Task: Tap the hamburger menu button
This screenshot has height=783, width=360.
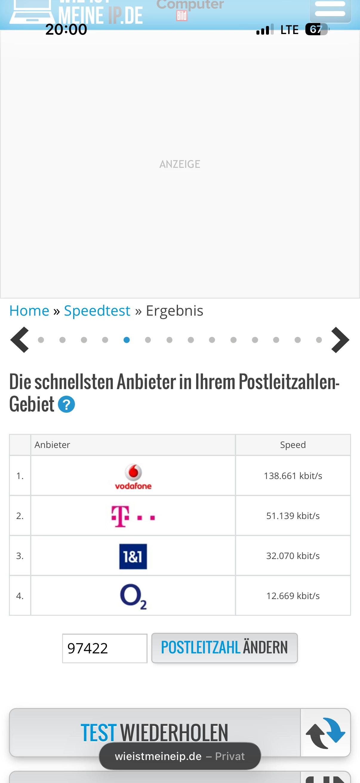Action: point(330,9)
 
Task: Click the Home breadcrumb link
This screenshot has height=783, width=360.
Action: point(29,311)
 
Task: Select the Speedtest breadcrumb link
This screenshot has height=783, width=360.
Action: point(97,311)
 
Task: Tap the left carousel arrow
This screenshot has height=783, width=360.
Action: point(20,340)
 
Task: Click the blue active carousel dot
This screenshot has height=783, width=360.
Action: point(127,340)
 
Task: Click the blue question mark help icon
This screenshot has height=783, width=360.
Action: point(66,404)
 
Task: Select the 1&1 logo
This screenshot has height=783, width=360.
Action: point(133,556)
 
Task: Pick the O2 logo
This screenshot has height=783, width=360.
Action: point(133,596)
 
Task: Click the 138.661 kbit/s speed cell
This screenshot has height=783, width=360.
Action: point(293,476)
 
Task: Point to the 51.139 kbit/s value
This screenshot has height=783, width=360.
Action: point(293,516)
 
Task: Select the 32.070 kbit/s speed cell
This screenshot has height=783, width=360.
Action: point(293,556)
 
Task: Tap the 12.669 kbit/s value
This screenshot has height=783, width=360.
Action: point(293,596)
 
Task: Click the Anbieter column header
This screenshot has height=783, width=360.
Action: point(52,445)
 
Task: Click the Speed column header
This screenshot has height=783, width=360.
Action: point(293,445)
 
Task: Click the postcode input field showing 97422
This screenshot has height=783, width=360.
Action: point(104,648)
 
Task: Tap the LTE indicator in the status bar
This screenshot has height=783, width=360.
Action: point(289,30)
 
